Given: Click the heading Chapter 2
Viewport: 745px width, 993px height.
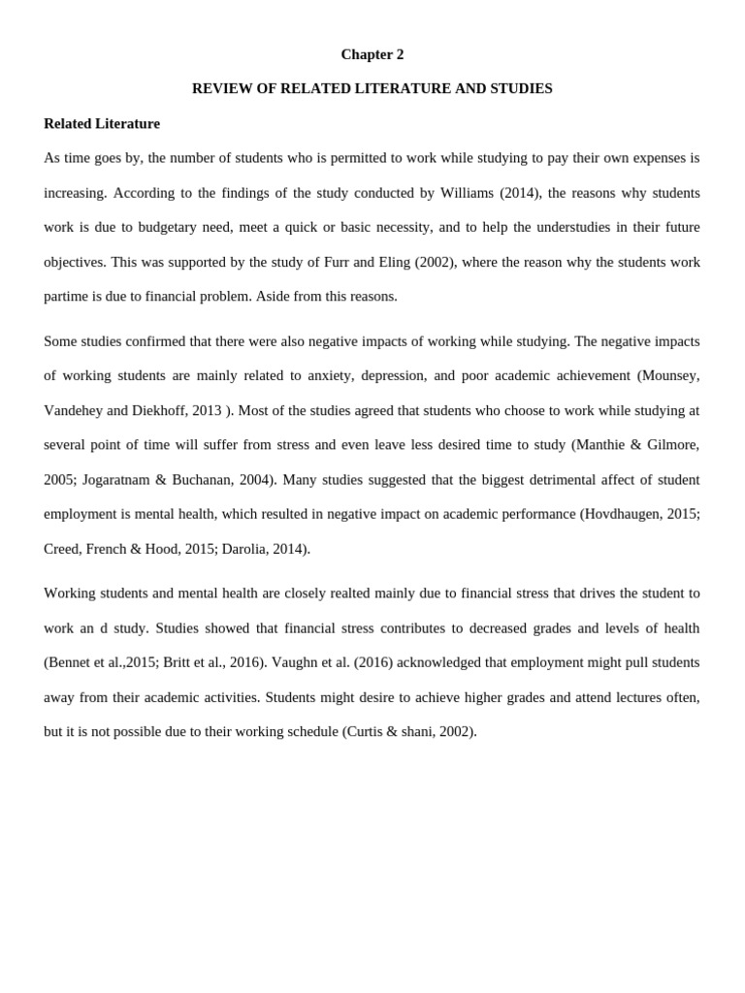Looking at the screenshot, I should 372,54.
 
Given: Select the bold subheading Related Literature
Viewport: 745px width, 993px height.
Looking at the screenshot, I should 102,123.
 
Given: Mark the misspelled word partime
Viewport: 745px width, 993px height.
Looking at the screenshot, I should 66,296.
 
